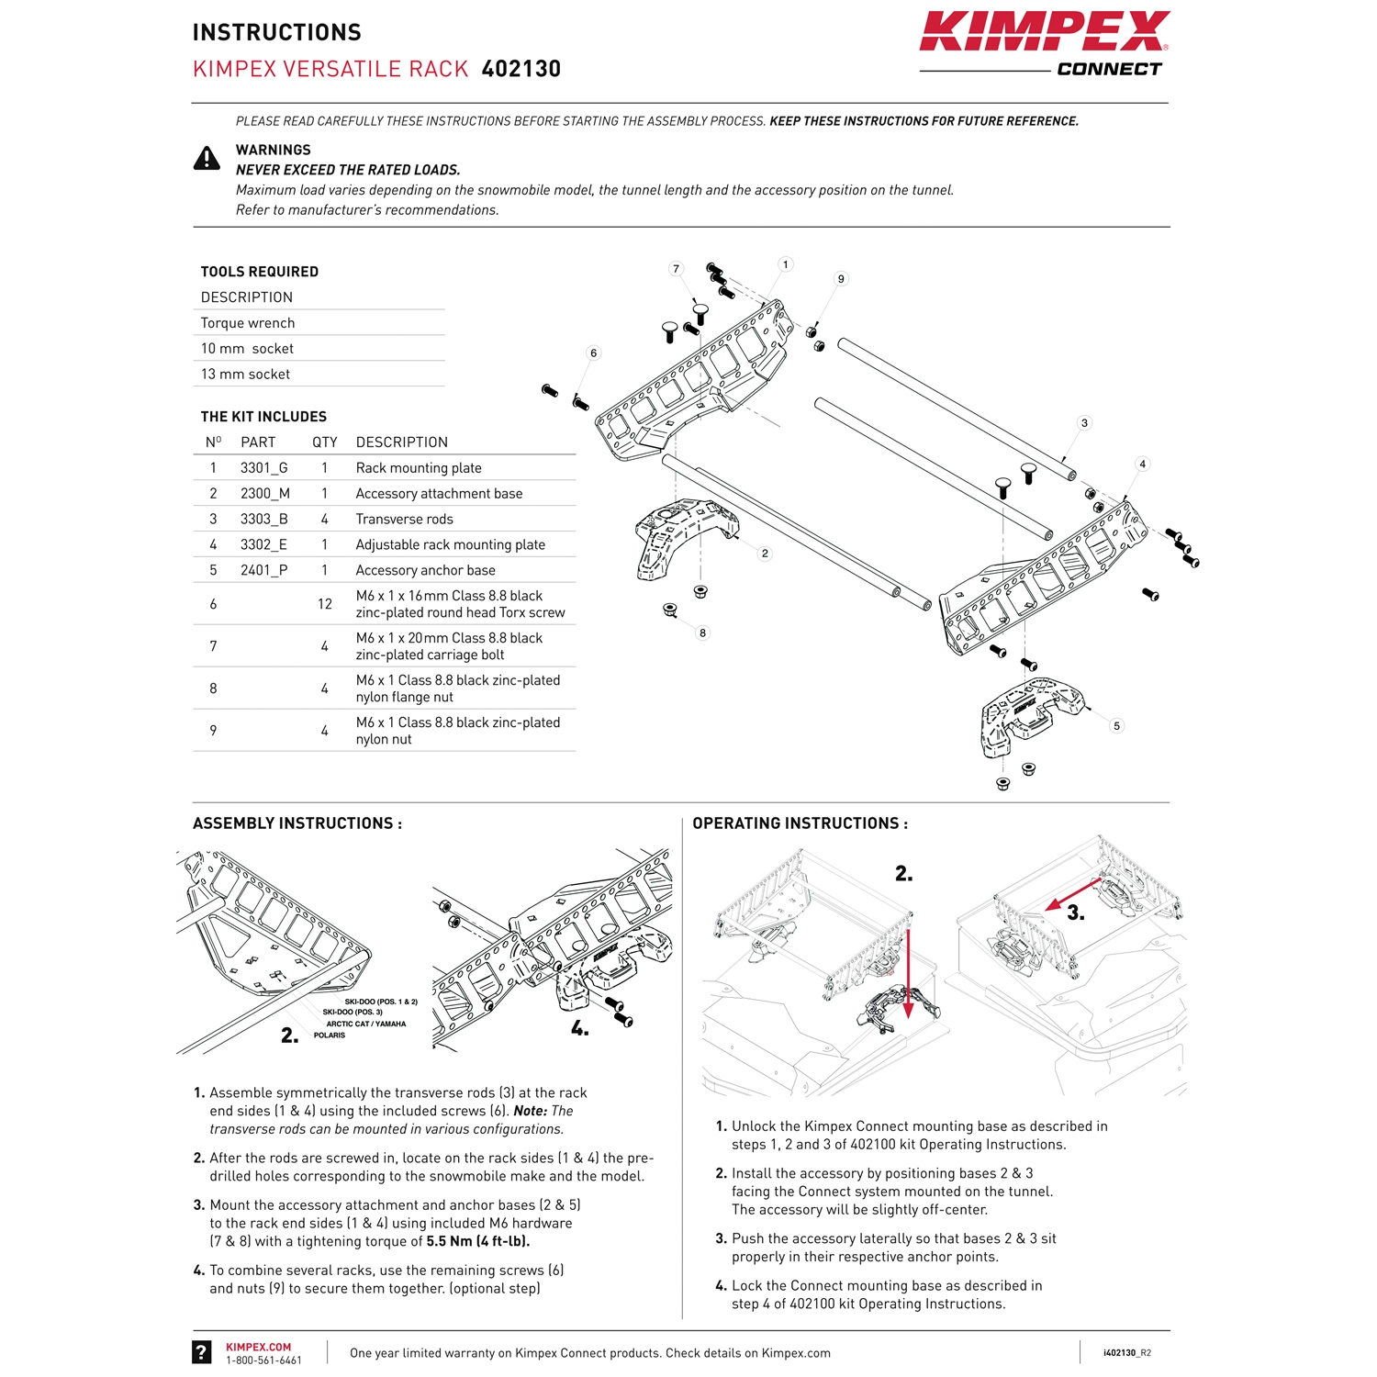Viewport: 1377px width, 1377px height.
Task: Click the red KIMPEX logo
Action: click(x=1044, y=32)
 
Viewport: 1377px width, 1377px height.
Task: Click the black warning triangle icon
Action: click(x=207, y=159)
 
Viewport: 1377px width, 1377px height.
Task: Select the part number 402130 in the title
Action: click(x=521, y=69)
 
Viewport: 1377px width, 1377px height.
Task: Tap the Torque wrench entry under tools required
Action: click(x=248, y=323)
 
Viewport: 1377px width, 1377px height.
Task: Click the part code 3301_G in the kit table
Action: click(x=263, y=468)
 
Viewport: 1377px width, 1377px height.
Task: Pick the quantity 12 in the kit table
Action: click(x=324, y=604)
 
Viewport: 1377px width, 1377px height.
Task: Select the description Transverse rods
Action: click(x=404, y=520)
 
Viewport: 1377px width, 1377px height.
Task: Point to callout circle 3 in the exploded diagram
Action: click(x=1084, y=423)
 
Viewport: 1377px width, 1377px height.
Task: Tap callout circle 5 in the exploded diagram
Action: click(x=1116, y=726)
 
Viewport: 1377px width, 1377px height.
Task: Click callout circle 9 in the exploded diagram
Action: click(x=841, y=279)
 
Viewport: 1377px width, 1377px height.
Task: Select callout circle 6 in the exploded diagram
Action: click(x=594, y=353)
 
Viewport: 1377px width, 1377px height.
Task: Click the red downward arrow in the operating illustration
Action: click(x=908, y=973)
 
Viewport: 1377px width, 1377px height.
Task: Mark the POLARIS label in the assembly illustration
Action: click(x=330, y=1036)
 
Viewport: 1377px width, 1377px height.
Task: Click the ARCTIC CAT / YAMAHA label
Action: click(x=365, y=1024)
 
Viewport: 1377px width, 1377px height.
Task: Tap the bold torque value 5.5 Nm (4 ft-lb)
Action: click(x=477, y=1242)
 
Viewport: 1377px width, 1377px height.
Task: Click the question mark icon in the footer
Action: click(x=202, y=1351)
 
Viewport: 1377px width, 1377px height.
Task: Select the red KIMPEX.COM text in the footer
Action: click(x=258, y=1348)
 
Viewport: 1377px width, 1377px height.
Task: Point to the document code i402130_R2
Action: click(x=1126, y=1353)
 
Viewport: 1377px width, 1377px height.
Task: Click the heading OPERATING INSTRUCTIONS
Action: click(x=800, y=823)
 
